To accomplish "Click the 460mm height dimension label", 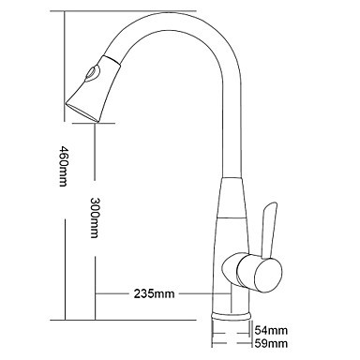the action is click(63, 166).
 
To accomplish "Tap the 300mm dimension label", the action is click(95, 217).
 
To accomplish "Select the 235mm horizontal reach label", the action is click(154, 293).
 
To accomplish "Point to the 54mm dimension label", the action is click(271, 330).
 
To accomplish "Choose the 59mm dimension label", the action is click(271, 343).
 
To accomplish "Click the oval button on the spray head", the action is click(92, 74).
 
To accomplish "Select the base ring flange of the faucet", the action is click(232, 316).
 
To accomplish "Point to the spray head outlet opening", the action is click(82, 112).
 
